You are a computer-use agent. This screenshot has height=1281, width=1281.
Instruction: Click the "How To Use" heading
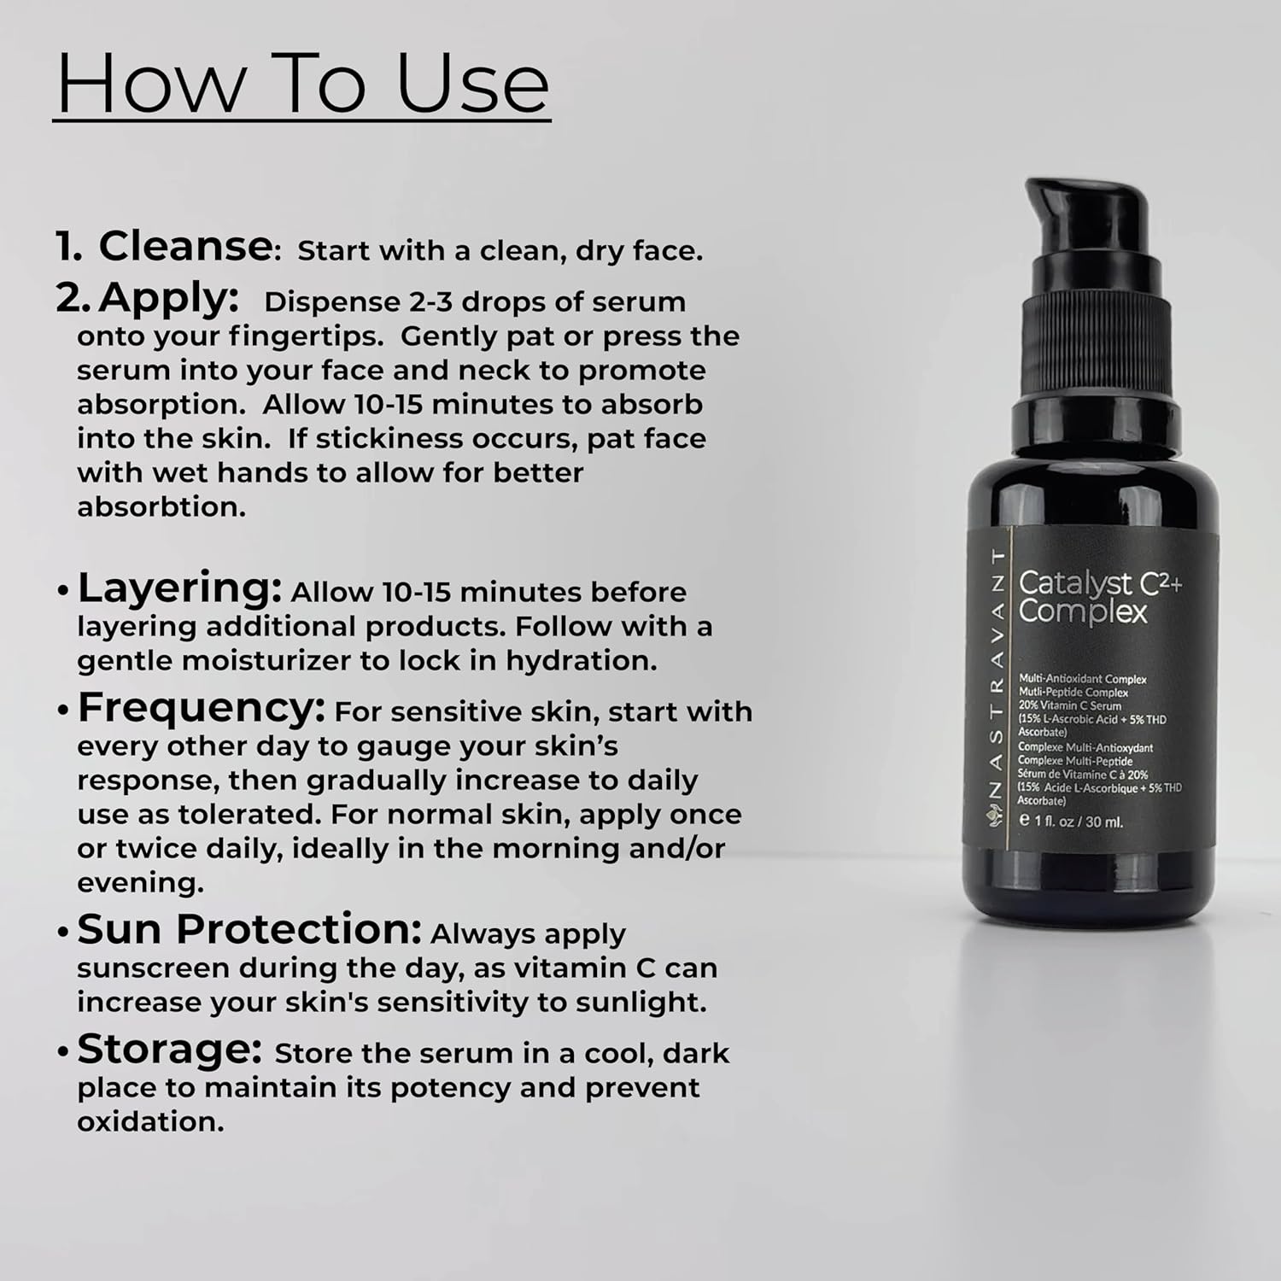pyautogui.click(x=302, y=83)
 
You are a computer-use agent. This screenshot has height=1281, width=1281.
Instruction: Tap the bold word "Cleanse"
pyautogui.click(x=184, y=246)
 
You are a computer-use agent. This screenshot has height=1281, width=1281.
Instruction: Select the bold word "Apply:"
pyautogui.click(x=167, y=299)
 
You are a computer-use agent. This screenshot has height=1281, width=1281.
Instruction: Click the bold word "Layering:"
pyautogui.click(x=179, y=589)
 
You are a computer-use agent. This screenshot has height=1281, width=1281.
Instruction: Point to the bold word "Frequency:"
pyautogui.click(x=202, y=709)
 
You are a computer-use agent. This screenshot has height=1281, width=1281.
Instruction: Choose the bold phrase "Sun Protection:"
pyautogui.click(x=249, y=929)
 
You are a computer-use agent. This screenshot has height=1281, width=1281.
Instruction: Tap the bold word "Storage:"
pyautogui.click(x=169, y=1050)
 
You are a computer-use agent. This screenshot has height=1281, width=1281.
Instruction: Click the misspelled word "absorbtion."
pyautogui.click(x=161, y=506)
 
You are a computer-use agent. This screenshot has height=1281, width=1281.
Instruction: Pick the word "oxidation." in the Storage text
pyautogui.click(x=150, y=1121)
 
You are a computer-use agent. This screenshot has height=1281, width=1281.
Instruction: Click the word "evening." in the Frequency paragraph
pyautogui.click(x=141, y=883)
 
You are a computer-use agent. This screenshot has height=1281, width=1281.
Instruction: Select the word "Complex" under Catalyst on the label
pyautogui.click(x=1083, y=613)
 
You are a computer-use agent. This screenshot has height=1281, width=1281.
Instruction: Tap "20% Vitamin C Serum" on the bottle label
pyautogui.click(x=1069, y=705)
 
